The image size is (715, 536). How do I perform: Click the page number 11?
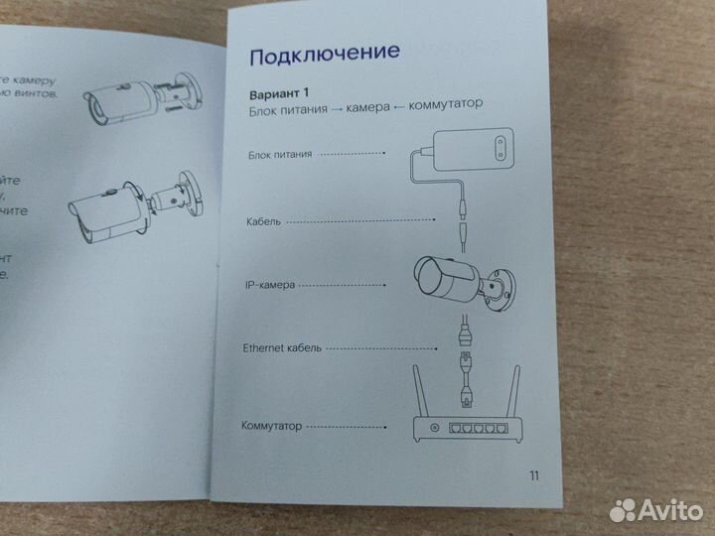[x=534, y=475]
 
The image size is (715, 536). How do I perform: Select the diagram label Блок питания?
[x=279, y=154]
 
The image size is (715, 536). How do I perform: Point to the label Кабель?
[x=264, y=220]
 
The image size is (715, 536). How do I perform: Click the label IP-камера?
[x=270, y=285]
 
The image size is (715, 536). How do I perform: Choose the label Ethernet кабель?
[x=283, y=349]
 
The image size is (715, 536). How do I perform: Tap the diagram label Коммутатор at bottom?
[x=271, y=426]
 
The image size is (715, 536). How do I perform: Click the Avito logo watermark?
[x=655, y=509]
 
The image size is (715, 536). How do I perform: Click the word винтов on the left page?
[x=45, y=94]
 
